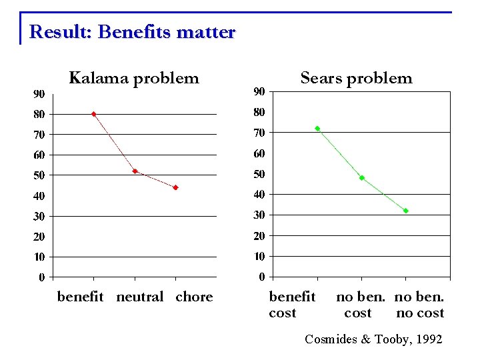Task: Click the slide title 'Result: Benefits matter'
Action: coord(132,32)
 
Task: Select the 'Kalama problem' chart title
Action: coord(134,78)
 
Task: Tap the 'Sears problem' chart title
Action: coord(356,78)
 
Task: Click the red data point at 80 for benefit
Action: coord(93,114)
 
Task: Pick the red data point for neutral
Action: coord(135,171)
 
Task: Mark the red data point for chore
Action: coord(175,187)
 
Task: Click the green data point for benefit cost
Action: coord(317,128)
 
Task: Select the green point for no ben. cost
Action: coord(361,178)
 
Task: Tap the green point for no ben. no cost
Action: coord(405,211)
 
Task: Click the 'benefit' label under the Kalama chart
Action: coord(81,297)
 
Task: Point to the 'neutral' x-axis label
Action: coord(139,297)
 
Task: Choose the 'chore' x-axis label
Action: coord(194,297)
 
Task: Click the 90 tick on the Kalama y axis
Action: coord(39,93)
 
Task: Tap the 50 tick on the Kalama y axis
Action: coord(39,175)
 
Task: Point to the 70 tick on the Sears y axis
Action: coord(259,133)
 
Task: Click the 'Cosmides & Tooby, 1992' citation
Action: coord(373,339)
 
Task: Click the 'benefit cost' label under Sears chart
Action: coord(292,305)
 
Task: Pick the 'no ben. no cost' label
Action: coord(419,305)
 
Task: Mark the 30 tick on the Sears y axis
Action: coord(259,215)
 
